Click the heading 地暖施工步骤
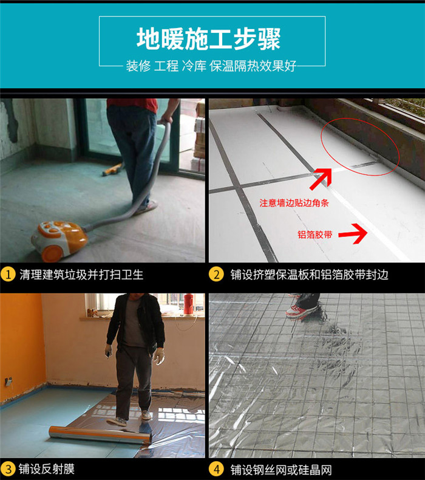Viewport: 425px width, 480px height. (208, 39)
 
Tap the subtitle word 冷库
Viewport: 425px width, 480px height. (194, 66)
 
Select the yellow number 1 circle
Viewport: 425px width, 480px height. (8, 274)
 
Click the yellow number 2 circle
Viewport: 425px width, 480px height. (216, 274)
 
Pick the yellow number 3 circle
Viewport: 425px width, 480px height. (7, 469)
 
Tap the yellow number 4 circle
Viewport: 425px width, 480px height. (216, 469)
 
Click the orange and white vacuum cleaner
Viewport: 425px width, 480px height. (59, 241)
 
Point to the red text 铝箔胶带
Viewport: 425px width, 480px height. (315, 235)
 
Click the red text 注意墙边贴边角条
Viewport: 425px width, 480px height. (294, 203)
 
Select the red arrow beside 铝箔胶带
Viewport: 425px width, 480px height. (353, 234)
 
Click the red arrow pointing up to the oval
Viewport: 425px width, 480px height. (321, 179)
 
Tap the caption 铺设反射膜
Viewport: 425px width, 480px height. (47, 469)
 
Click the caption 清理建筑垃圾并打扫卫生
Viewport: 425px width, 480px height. (81, 275)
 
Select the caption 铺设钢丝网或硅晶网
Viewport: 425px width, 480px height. (281, 470)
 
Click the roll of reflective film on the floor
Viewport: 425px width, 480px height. (100, 434)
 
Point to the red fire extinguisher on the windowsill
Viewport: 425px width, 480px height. (188, 304)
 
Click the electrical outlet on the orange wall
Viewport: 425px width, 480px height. (8, 382)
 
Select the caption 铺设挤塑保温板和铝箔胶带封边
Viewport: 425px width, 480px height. (310, 275)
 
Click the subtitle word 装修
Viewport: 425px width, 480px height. (138, 66)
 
